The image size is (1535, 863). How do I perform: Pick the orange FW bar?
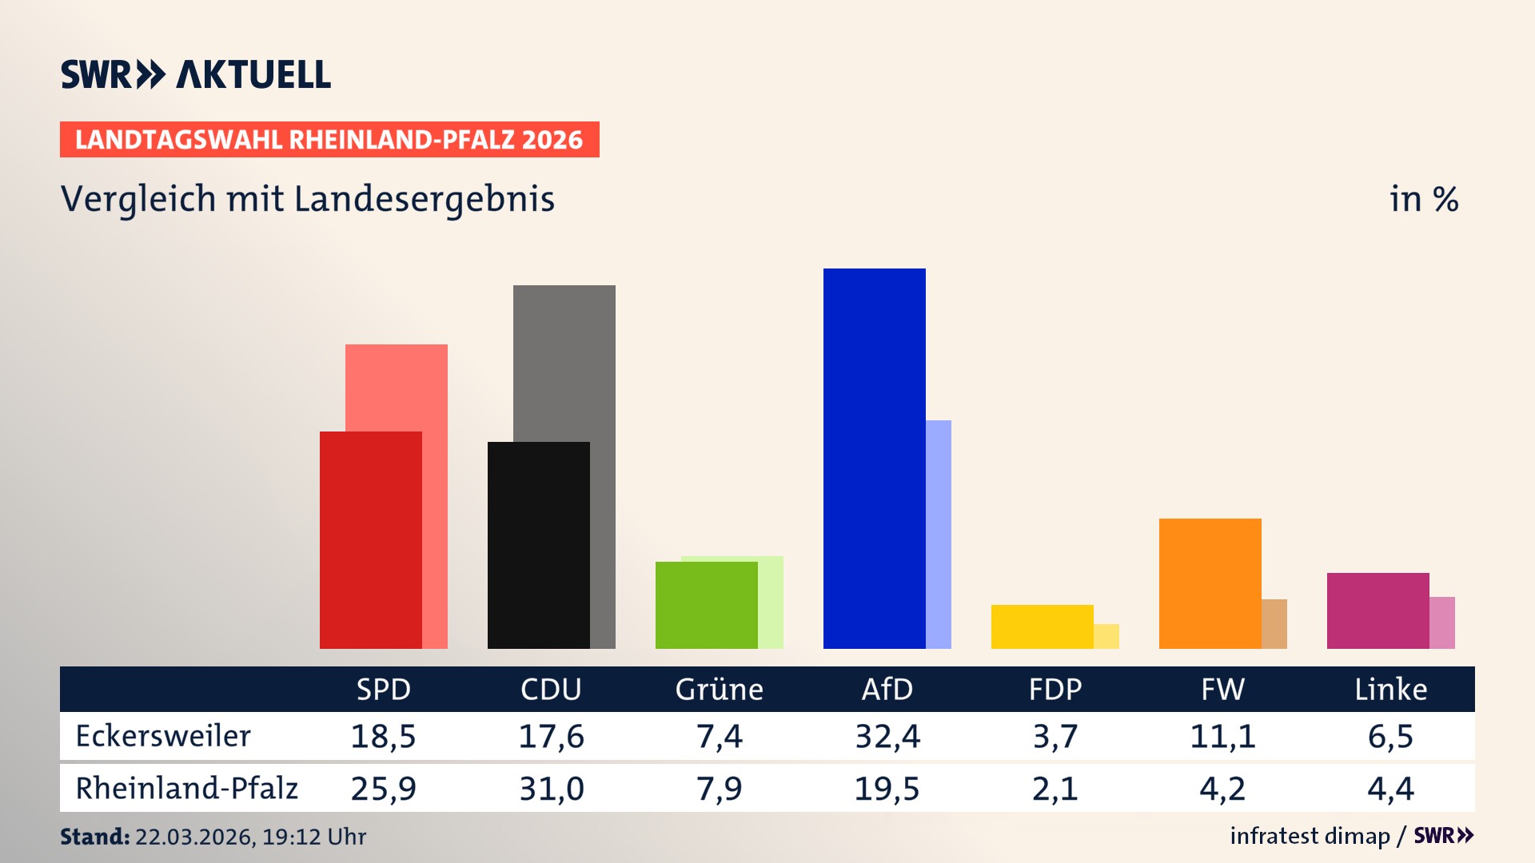(x=1210, y=583)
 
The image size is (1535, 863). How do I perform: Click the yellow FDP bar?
(x=1042, y=626)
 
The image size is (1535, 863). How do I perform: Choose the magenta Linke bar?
(x=1378, y=610)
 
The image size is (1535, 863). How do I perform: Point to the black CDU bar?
(x=538, y=545)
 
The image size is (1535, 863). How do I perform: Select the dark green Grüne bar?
(x=706, y=605)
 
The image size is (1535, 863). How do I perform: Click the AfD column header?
(x=887, y=689)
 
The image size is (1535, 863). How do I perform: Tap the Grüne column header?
(x=719, y=689)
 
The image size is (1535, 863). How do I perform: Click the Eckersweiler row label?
(x=163, y=736)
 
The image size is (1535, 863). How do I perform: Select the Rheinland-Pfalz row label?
(x=186, y=788)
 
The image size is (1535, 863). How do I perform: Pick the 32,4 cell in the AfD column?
(x=887, y=736)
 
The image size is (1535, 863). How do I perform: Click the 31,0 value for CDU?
(x=552, y=789)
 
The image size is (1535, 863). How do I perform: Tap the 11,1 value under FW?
(x=1222, y=736)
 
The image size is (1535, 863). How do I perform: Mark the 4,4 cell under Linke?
(x=1390, y=789)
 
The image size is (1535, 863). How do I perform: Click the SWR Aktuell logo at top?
(x=196, y=74)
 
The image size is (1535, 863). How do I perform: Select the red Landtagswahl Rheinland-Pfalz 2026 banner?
(x=329, y=140)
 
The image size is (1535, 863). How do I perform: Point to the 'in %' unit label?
(x=1423, y=199)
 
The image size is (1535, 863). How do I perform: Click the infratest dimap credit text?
(x=1310, y=836)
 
